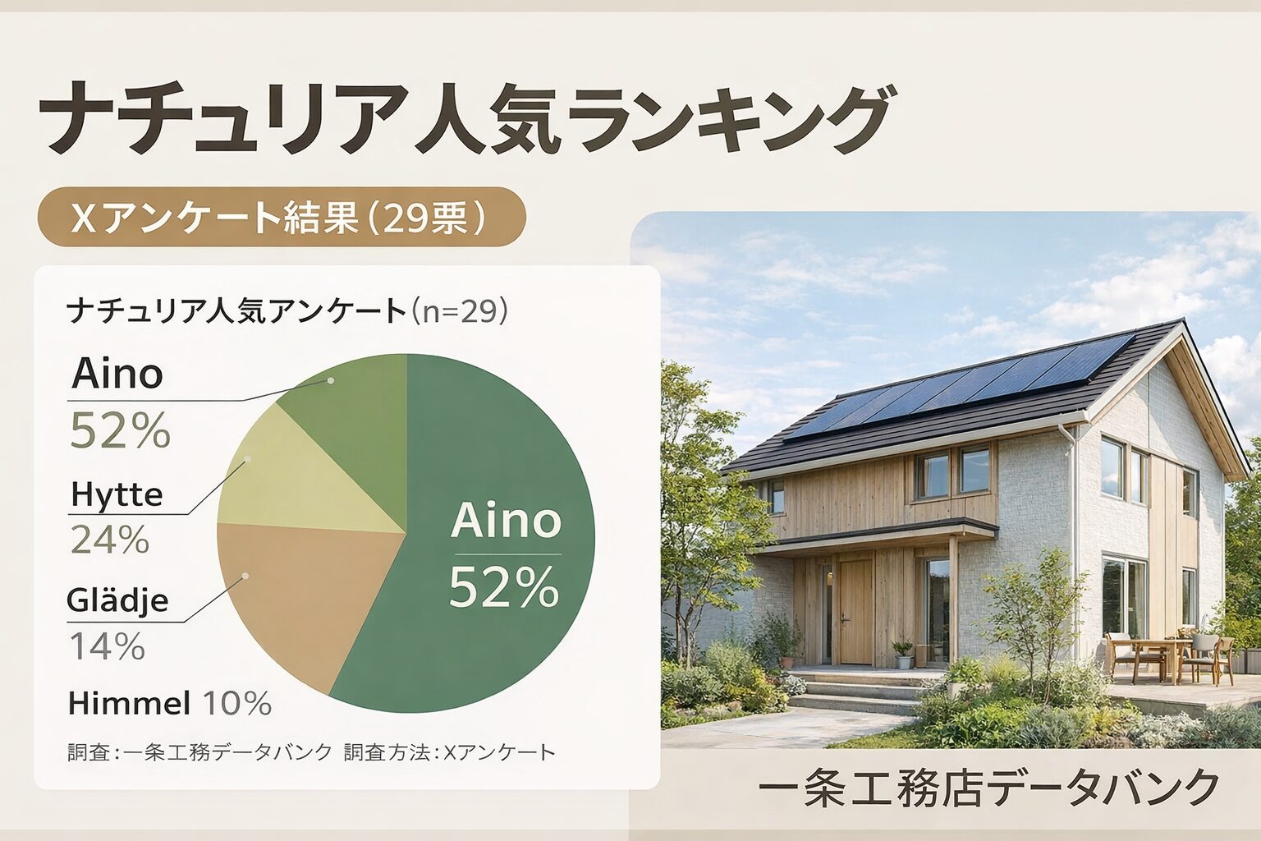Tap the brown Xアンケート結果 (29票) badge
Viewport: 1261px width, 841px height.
(x=282, y=217)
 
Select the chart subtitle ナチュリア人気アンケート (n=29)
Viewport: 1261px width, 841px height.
(x=287, y=311)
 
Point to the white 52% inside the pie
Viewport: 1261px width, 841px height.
(x=504, y=587)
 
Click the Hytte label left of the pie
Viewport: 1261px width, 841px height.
(x=117, y=495)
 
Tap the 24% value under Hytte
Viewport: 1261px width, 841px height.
(x=110, y=539)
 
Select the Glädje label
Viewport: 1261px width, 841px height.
(x=117, y=600)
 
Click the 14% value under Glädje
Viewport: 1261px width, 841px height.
(x=108, y=646)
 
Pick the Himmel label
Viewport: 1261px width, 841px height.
(x=129, y=704)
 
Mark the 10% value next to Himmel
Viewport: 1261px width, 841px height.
(x=237, y=704)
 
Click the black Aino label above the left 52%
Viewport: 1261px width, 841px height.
(x=117, y=374)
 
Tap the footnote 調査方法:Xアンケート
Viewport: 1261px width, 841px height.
(x=450, y=752)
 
